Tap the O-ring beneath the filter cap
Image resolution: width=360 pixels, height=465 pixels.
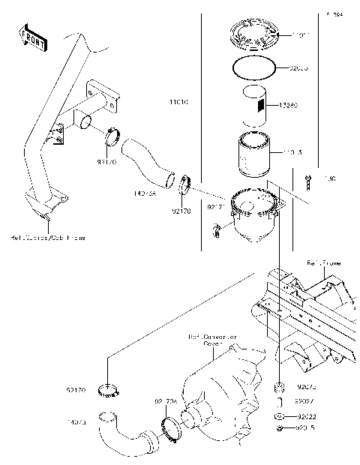[253, 68]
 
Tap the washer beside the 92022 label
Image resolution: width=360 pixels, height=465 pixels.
[279, 415]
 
